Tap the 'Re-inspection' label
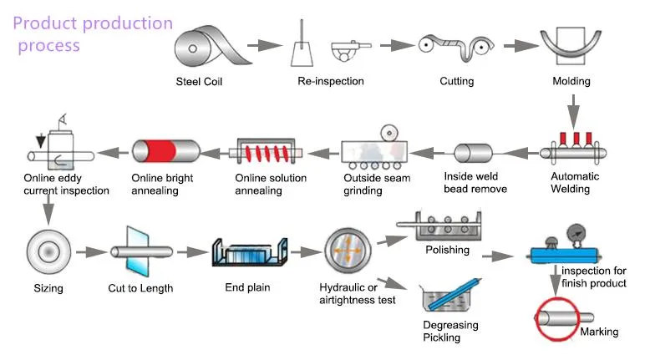[331, 81]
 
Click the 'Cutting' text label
[457, 81]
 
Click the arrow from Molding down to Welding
[572, 109]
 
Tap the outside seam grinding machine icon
[375, 151]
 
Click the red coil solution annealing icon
[267, 153]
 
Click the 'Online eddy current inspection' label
[66, 184]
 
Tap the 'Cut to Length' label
[142, 288]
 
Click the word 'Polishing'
[447, 250]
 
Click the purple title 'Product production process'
[92, 34]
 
